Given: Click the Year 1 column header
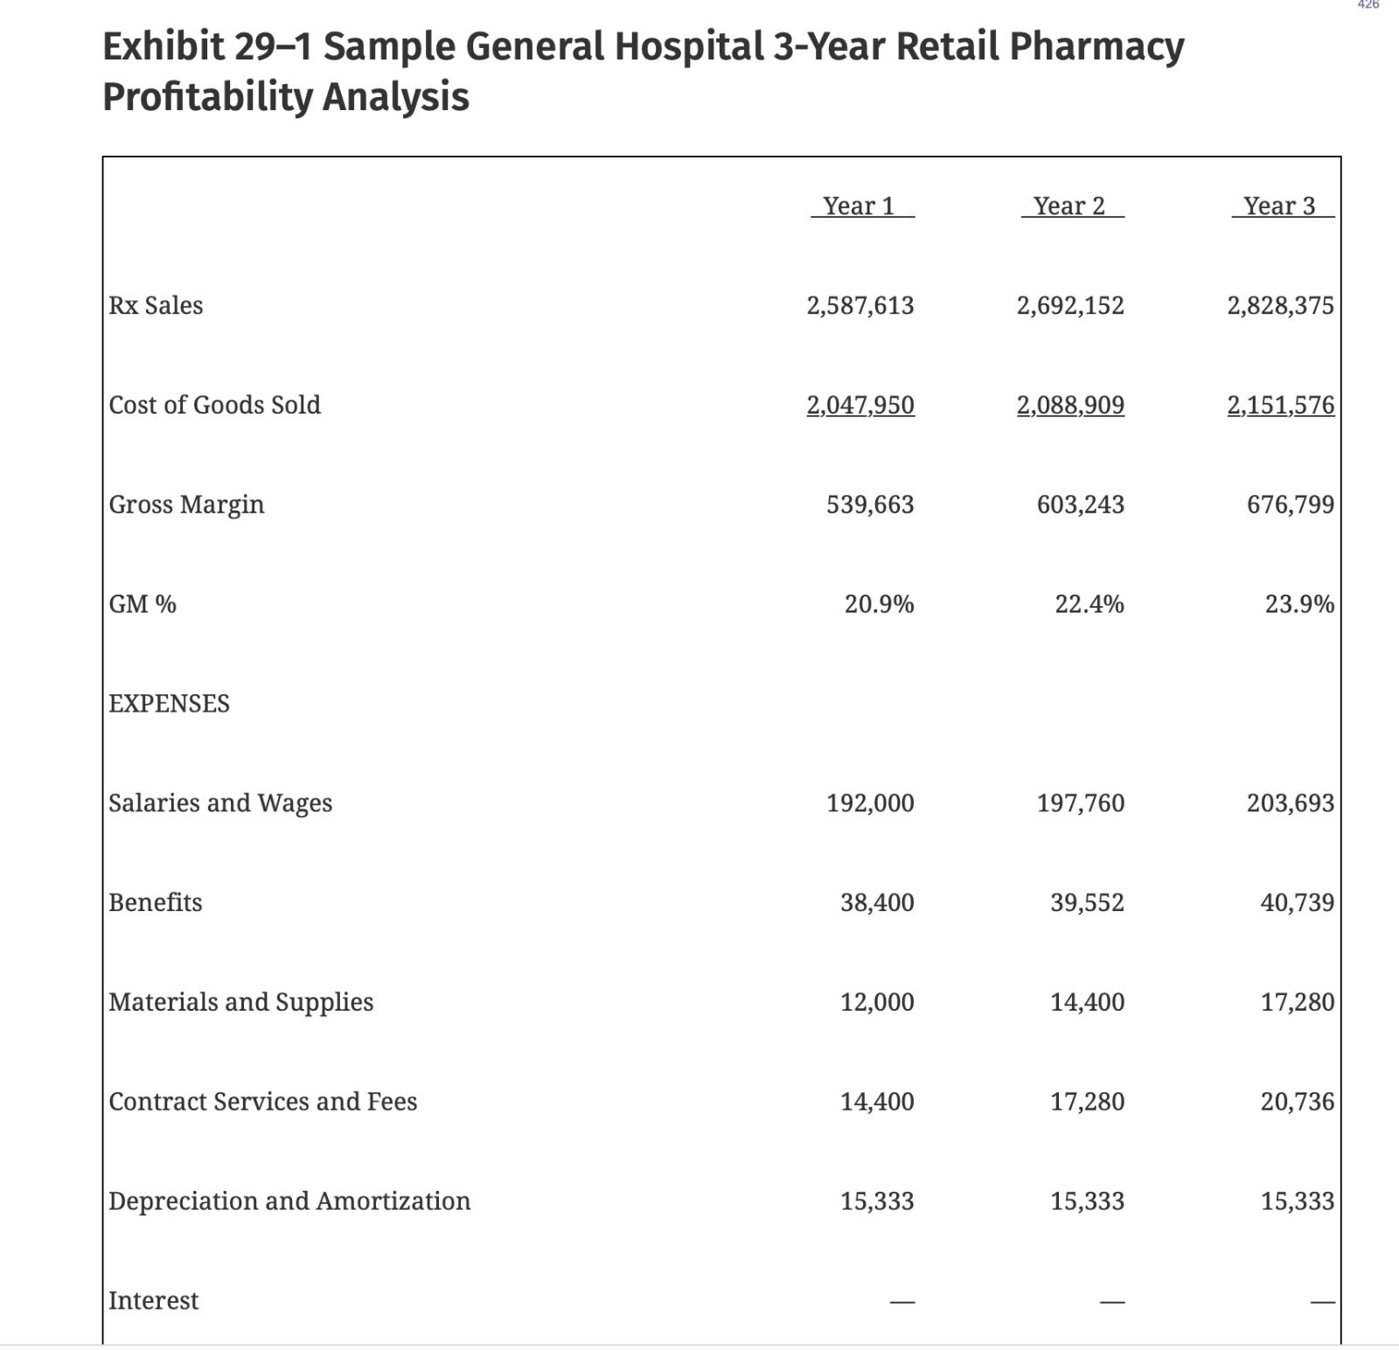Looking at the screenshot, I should click(860, 206).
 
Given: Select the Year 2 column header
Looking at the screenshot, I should click(1070, 206).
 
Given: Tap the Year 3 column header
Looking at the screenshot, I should click(1280, 206).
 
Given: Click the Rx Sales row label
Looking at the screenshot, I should click(156, 306).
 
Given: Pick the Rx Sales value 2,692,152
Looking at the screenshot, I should click(1070, 306).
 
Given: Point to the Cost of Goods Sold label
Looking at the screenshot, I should click(214, 405).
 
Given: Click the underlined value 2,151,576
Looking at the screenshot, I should click(1280, 405).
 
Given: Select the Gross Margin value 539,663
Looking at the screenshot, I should click(870, 505).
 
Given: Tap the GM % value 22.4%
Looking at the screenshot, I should click(1089, 604).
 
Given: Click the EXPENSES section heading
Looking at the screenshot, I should click(169, 704).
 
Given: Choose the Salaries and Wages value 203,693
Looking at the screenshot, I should click(1291, 803).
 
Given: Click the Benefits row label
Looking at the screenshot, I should click(156, 902).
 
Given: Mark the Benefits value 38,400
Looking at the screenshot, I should click(877, 902).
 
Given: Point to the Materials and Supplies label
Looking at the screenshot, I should click(240, 1002).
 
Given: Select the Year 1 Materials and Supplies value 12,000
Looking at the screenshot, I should click(877, 1002).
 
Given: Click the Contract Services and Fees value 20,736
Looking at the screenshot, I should click(1298, 1102).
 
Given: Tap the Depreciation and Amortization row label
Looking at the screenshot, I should click(289, 1201).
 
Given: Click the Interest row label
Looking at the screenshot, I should click(153, 1301).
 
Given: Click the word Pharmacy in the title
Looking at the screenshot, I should click(1096, 46).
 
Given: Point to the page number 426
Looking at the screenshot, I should click(1368, 5).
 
